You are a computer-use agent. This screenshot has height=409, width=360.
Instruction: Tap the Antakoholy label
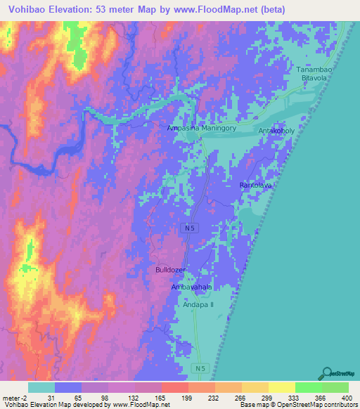coord(274,131)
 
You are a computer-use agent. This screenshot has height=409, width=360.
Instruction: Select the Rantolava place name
coord(255,185)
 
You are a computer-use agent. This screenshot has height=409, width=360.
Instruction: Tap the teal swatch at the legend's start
coord(41,387)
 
